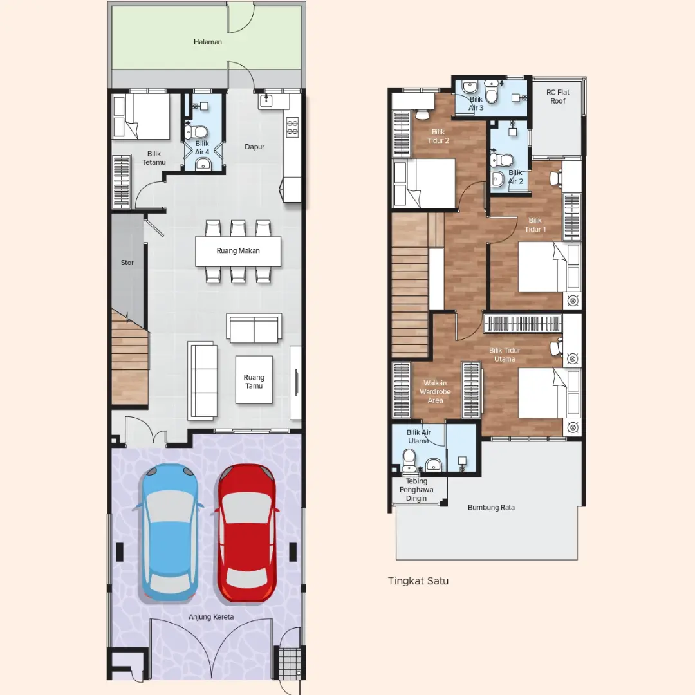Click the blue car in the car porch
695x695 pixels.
click(169, 532)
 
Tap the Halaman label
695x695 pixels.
click(207, 42)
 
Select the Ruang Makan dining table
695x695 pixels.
click(238, 251)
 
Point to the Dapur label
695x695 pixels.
click(254, 147)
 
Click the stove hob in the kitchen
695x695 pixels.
click(293, 127)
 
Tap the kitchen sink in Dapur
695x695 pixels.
click(266, 101)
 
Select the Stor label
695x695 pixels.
click(127, 263)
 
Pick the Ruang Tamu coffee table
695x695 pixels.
click(254, 380)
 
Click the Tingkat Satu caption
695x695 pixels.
click(418, 581)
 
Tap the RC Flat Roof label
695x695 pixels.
click(557, 97)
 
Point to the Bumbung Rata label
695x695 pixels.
click(491, 508)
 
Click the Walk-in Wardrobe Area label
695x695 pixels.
click(435, 392)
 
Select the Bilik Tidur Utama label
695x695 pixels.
click(505, 355)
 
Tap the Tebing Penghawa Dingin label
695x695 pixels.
click(416, 490)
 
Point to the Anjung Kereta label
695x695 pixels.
click(211, 617)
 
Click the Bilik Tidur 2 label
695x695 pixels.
click(438, 136)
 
